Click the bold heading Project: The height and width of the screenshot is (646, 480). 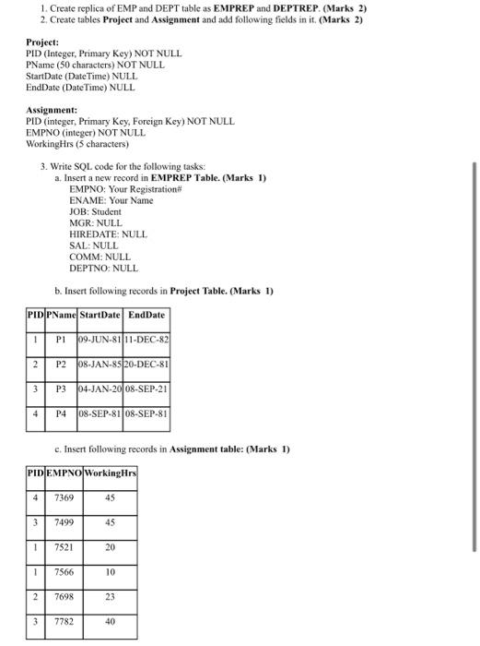tap(42, 42)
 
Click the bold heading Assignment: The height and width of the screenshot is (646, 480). tap(52, 109)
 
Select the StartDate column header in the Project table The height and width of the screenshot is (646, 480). tap(101, 315)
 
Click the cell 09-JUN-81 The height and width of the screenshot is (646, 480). tap(101, 340)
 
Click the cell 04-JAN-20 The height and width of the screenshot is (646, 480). tap(101, 389)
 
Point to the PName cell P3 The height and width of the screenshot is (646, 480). tap(61, 389)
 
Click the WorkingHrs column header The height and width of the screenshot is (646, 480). tap(110, 473)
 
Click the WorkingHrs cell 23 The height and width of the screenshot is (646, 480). tap(110, 597)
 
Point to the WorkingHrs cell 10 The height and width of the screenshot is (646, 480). tap(110, 572)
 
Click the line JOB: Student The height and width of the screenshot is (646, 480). tap(95, 211)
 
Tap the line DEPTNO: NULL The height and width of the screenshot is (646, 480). tap(103, 269)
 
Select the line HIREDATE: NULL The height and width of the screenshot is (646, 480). tap(108, 234)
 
